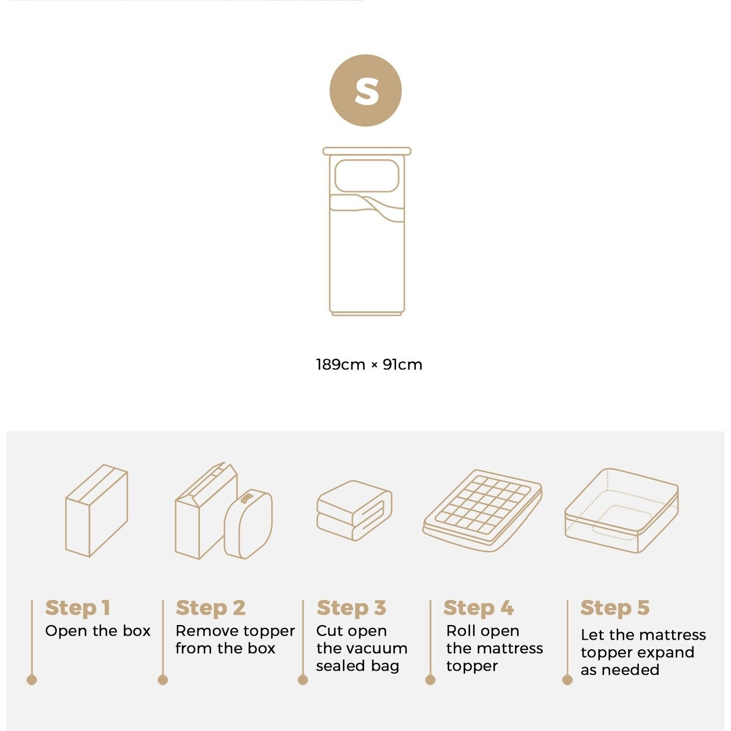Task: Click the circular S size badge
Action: coord(365,90)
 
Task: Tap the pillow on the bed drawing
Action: coord(366,175)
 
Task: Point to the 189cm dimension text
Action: coord(340,365)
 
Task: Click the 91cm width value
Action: coord(402,365)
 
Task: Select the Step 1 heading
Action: coord(78,608)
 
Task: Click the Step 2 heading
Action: coord(211,608)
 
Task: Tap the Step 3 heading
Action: coord(351,608)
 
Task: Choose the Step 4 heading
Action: coord(478,608)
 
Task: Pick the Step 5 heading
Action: coord(614,608)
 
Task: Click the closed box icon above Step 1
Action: coord(96,510)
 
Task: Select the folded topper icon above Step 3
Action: coord(354,510)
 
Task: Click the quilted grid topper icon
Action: coord(482,509)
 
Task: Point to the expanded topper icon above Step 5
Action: coord(621,510)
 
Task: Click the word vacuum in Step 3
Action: coord(381,648)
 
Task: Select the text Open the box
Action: coord(98,631)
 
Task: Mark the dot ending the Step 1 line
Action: coord(32,680)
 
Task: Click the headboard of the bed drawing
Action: coord(367,151)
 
